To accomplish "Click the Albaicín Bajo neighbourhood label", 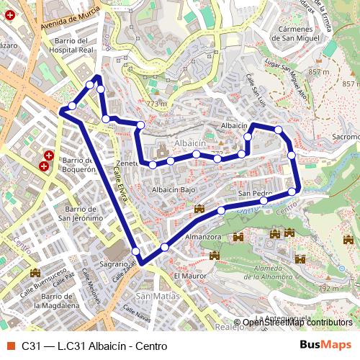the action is coord(174,189).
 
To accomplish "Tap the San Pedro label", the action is coord(254,194).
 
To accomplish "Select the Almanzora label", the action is coord(202,236).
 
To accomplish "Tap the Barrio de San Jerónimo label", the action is coord(79,212).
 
